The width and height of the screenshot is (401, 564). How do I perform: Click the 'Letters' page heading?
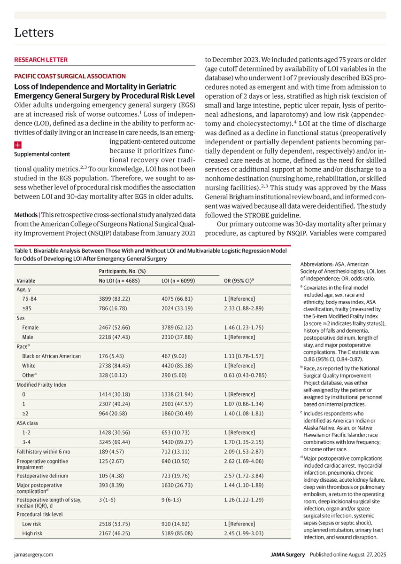(x=34, y=32)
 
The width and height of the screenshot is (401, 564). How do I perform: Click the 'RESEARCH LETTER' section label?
(x=41, y=60)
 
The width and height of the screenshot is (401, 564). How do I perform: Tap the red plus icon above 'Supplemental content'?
(x=18, y=146)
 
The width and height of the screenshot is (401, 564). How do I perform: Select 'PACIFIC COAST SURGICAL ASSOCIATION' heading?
(x=70, y=76)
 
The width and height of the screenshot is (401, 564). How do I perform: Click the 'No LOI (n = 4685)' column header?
(x=123, y=281)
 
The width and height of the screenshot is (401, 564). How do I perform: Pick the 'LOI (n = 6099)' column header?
(x=179, y=281)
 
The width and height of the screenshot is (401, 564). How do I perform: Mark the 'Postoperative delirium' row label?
(x=43, y=475)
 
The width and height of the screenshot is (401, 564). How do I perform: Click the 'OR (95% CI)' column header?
(x=242, y=281)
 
